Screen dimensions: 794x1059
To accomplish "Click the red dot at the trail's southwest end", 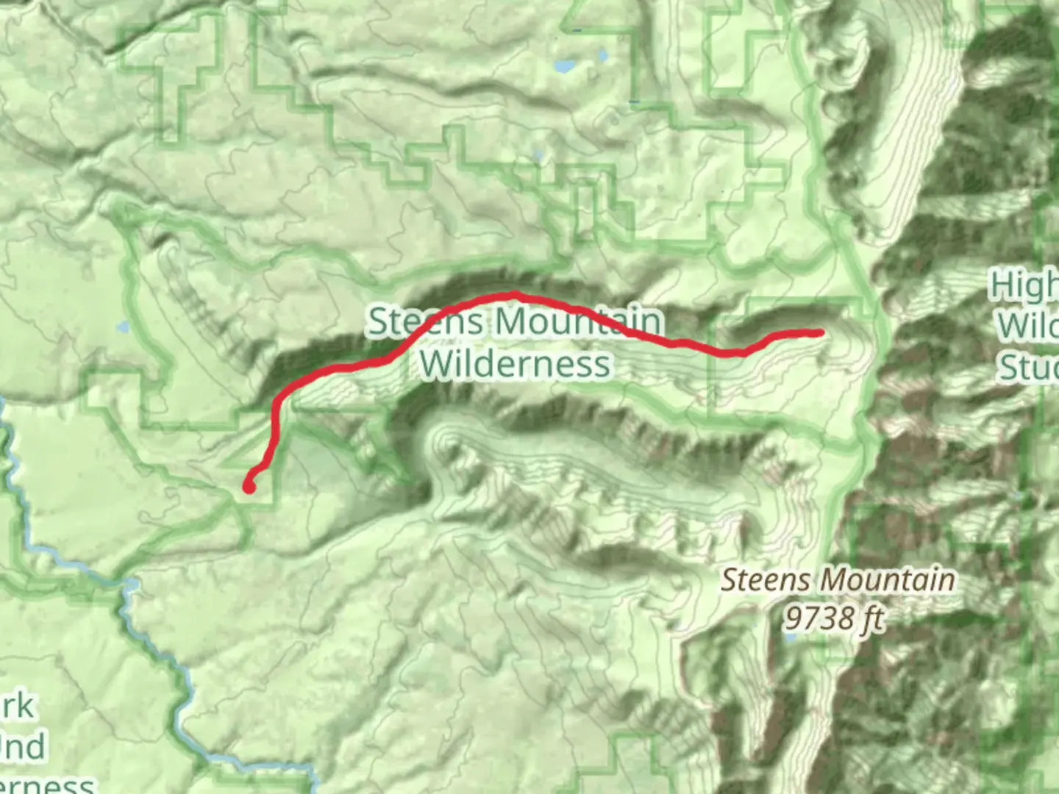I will click(249, 486).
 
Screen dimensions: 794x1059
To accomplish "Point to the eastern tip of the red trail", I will click(820, 333).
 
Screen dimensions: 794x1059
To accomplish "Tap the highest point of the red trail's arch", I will click(515, 295).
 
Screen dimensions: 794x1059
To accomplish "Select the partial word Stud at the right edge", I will click(1027, 366).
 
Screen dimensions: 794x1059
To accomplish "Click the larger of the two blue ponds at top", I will click(565, 66).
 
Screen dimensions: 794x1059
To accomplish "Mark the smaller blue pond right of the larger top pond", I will click(603, 55).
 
